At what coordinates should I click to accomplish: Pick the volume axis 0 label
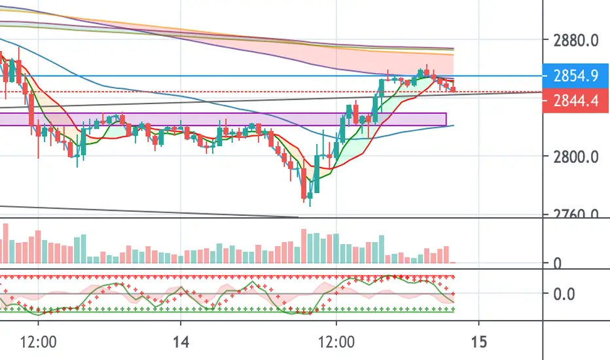558,264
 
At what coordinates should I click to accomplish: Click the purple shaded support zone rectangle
223,120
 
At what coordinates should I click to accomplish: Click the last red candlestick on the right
454,88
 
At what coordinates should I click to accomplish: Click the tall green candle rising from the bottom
317,173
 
